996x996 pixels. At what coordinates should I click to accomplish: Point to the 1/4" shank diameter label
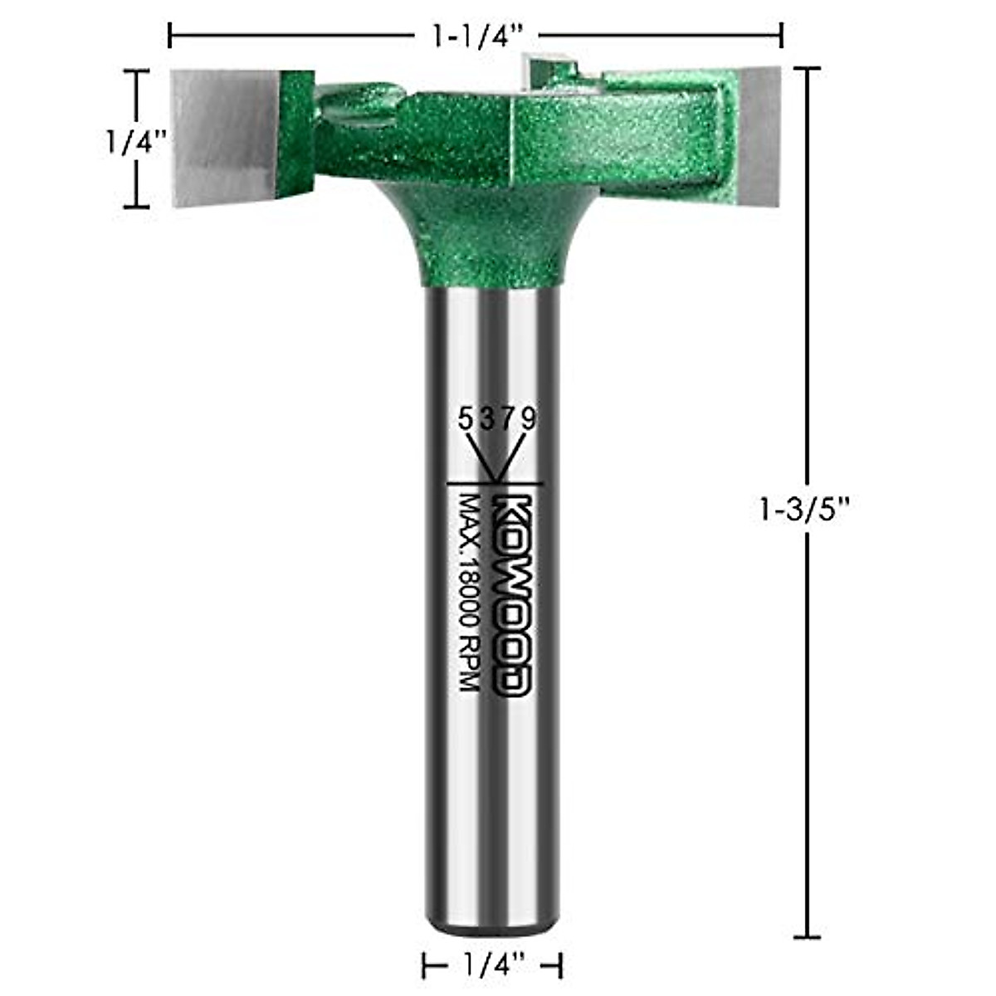click(495, 964)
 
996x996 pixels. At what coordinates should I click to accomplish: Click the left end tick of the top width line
click(170, 36)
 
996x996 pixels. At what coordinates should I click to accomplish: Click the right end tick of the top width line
click(781, 36)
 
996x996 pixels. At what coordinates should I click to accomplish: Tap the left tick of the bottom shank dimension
click(425, 964)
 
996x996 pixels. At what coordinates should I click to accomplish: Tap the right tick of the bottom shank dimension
click(562, 964)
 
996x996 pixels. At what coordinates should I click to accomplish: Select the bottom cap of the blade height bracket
click(137, 207)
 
